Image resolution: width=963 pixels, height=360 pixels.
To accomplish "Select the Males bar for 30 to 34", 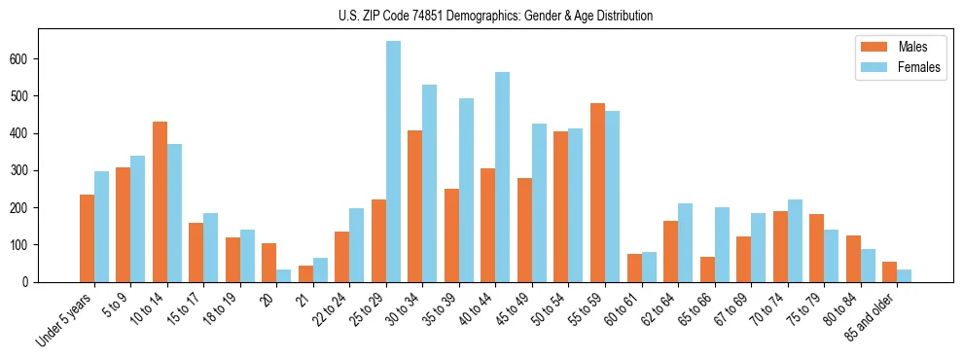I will tap(415, 206).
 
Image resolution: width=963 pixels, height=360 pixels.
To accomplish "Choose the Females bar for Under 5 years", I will tap(101, 227).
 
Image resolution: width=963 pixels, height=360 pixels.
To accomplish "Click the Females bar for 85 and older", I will tap(904, 275).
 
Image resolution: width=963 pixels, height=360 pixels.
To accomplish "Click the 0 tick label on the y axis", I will tap(31, 282).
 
